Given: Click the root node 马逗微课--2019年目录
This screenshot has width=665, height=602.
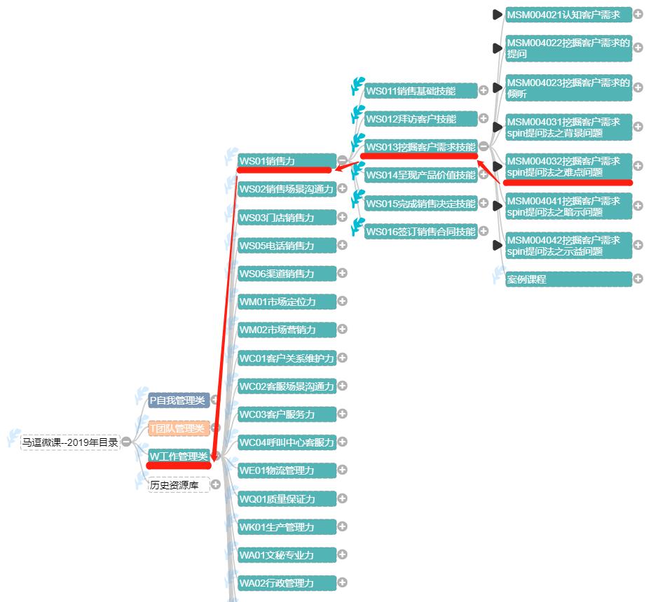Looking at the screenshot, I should click(70, 442).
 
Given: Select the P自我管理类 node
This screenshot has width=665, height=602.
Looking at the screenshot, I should click(179, 400).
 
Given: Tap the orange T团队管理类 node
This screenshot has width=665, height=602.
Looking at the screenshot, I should click(179, 428).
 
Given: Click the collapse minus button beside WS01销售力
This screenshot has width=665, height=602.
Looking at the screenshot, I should click(342, 160).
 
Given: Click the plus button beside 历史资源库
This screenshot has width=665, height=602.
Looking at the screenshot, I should click(216, 484).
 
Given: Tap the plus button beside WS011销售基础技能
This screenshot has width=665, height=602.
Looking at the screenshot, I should click(484, 91).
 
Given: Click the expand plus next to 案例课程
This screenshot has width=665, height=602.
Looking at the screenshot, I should click(638, 279).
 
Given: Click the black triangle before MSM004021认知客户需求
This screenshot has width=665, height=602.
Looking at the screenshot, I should click(498, 15).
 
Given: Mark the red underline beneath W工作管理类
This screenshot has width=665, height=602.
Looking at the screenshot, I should click(179, 466).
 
